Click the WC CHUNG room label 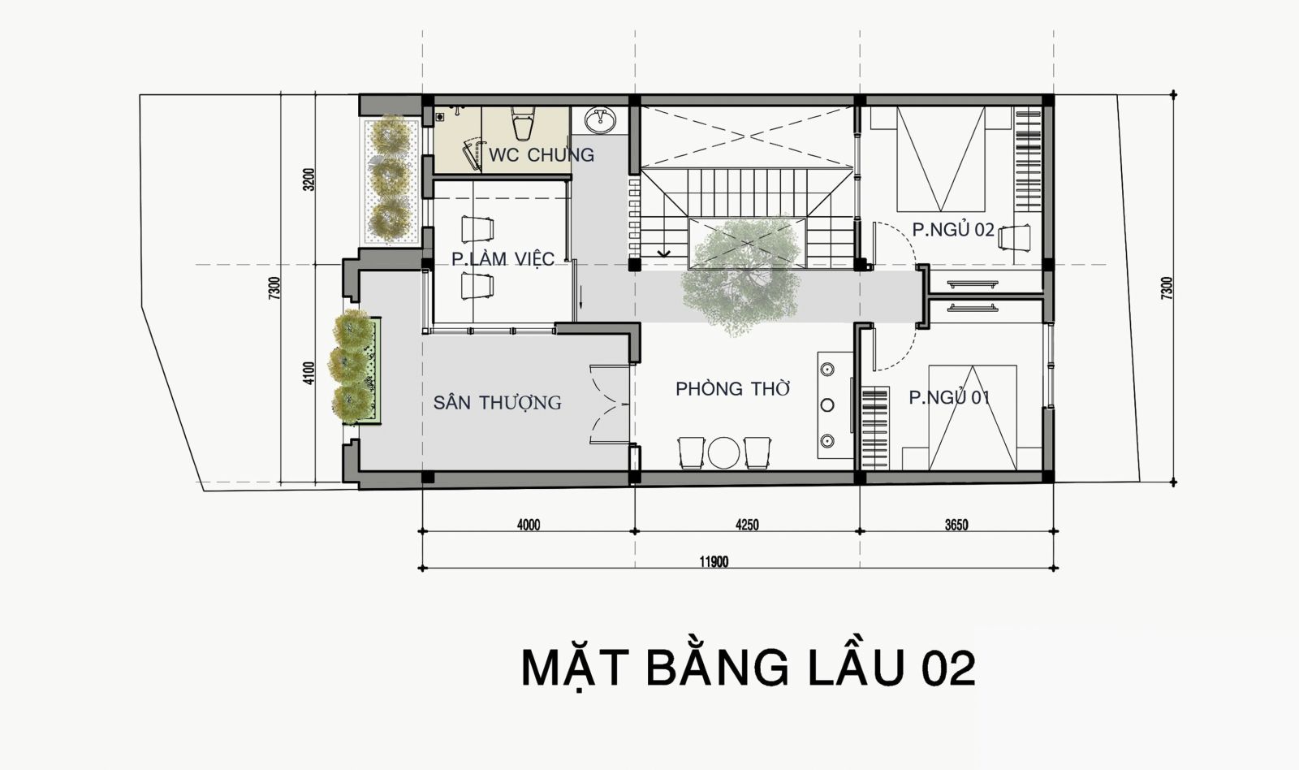pyautogui.click(x=541, y=154)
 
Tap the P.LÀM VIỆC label pyautogui.click(x=503, y=259)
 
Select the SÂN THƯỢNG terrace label pyautogui.click(x=497, y=402)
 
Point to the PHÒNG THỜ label pyautogui.click(x=732, y=389)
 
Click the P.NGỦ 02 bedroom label pyautogui.click(x=952, y=230)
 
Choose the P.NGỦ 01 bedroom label pyautogui.click(x=949, y=398)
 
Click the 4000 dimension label pyautogui.click(x=528, y=525)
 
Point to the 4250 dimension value pyautogui.click(x=747, y=525)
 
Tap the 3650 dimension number pyautogui.click(x=956, y=525)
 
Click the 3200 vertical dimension pyautogui.click(x=308, y=180)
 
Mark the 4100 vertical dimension pyautogui.click(x=308, y=374)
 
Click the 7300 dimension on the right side pyautogui.click(x=1167, y=289)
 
